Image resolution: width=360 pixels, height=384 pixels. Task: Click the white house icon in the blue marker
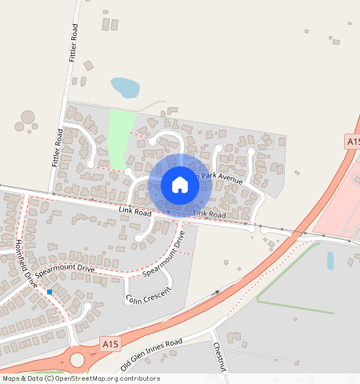point(180,185)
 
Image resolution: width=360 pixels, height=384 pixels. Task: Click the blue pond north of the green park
point(125,87)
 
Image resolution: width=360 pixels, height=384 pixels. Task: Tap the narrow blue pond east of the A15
point(330,261)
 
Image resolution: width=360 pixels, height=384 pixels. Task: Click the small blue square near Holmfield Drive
point(50,292)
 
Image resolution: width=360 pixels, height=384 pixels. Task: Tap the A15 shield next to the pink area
point(353,141)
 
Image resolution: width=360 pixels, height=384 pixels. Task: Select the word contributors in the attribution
point(138,379)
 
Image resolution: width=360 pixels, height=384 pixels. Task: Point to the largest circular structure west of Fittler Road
point(28,118)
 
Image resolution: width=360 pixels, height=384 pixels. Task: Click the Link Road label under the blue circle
point(210,214)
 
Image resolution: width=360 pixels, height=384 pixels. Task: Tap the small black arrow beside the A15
point(216,292)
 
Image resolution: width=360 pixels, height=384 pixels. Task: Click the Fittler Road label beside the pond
point(74,44)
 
